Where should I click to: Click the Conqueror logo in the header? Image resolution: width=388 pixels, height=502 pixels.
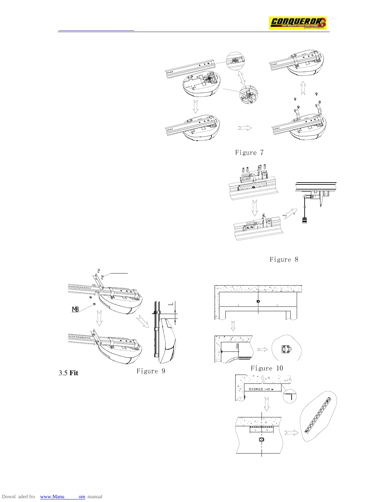[x=297, y=23]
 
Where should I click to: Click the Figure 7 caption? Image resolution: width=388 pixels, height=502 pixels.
[x=249, y=153]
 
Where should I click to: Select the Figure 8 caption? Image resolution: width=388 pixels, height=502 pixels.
[x=284, y=260]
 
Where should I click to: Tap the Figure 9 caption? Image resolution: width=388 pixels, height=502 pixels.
[x=151, y=371]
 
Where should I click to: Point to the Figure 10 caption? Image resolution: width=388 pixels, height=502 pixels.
[x=267, y=368]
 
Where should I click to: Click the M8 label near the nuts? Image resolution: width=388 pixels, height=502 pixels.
[x=75, y=309]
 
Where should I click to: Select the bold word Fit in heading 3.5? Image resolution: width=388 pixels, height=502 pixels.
[x=74, y=373]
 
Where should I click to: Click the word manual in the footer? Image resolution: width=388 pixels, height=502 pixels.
[x=95, y=497]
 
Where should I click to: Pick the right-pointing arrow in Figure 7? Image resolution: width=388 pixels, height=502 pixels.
[x=245, y=128]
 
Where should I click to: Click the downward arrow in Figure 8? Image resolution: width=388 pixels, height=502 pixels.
[x=255, y=207]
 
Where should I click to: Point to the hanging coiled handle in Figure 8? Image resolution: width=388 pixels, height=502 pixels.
[x=304, y=220]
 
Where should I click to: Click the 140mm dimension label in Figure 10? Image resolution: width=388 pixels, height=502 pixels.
[x=237, y=347]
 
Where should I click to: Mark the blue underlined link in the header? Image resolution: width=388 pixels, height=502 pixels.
[x=96, y=30]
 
